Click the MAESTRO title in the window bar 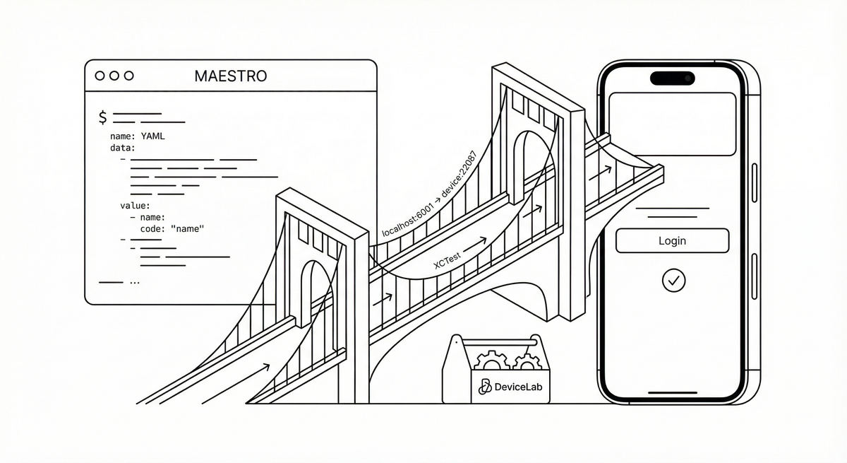(x=231, y=76)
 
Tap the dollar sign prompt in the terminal (x=102, y=117)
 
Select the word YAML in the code (x=152, y=136)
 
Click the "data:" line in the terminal (x=123, y=148)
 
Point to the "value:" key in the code (x=135, y=206)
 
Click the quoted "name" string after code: (x=187, y=228)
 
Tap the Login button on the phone (x=672, y=241)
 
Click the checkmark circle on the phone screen (x=674, y=281)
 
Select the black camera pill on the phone (x=672, y=78)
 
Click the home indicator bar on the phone (x=673, y=392)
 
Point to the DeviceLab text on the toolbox (x=518, y=387)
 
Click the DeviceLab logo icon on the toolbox (x=485, y=387)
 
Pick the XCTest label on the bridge (x=447, y=261)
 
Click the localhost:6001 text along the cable (x=407, y=220)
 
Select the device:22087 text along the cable (x=459, y=174)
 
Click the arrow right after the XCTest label (x=475, y=244)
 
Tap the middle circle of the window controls (x=114, y=76)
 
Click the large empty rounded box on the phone (x=672, y=124)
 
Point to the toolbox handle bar (x=499, y=343)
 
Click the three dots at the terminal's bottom (x=135, y=283)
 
